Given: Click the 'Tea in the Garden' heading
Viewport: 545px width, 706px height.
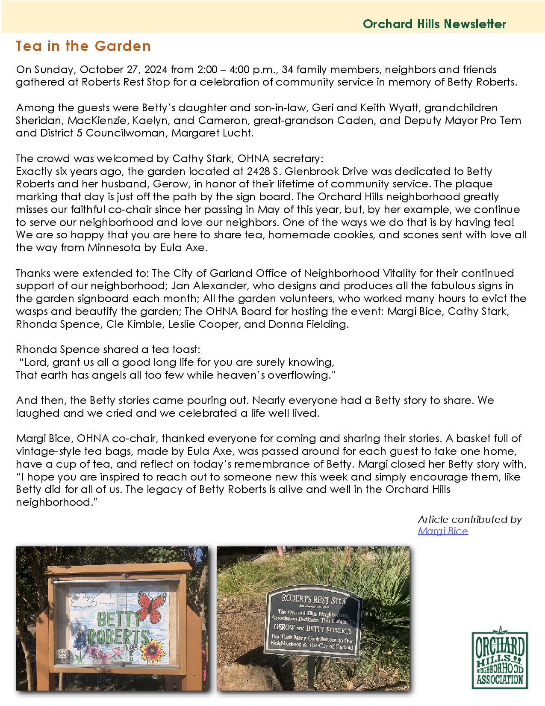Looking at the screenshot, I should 83,46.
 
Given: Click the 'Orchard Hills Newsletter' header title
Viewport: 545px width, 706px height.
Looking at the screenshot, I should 434,24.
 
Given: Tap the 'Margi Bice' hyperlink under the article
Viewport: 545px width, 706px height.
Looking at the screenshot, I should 443,531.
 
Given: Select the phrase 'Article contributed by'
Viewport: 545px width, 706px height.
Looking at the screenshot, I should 470,519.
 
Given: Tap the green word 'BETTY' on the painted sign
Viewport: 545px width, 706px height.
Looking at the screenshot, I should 113,619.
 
